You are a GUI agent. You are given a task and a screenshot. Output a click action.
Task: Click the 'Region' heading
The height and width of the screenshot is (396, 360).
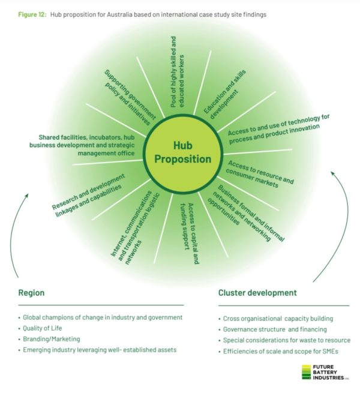click(31, 293)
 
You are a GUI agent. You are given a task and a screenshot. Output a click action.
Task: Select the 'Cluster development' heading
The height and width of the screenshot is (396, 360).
click(257, 293)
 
